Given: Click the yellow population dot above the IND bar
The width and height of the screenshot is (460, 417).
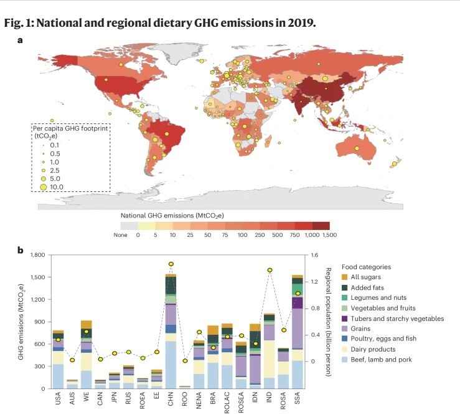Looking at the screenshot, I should coord(270,270).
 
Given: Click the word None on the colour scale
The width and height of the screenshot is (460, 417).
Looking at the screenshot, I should coord(121,236).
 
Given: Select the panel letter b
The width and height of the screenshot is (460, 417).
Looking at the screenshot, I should coord(21,251).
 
